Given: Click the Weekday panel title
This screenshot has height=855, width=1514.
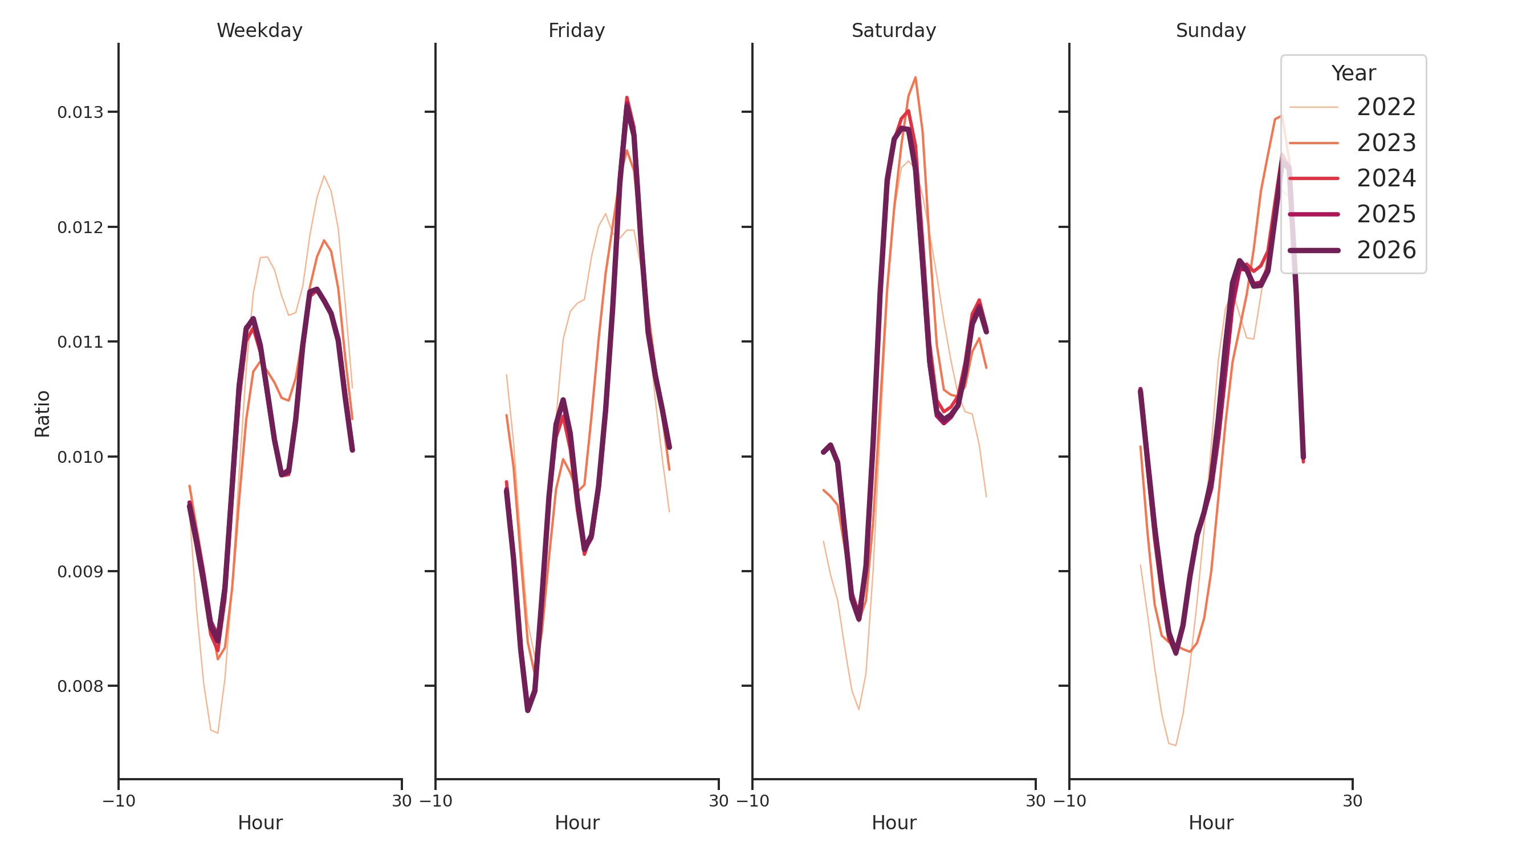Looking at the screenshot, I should [x=259, y=31].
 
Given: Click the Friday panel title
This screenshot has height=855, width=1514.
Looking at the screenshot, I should [x=576, y=31].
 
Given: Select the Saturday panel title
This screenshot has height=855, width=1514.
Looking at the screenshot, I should [x=893, y=31].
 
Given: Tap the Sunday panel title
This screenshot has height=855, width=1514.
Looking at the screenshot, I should [x=1210, y=31].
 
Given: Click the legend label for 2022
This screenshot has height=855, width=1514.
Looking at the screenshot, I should [x=1385, y=108].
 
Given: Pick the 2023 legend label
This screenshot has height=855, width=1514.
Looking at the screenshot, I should [x=1385, y=144].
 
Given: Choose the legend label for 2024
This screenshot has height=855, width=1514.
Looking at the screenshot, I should [x=1385, y=178].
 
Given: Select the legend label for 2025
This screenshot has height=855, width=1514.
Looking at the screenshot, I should [x=1385, y=214].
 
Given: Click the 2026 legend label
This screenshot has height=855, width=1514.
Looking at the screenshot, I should [x=1385, y=251].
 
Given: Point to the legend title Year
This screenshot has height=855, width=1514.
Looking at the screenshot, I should [x=1353, y=74].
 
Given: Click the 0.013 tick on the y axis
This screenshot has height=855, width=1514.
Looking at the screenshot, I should [x=80, y=112].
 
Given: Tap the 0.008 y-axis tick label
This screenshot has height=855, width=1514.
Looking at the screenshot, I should [x=80, y=686].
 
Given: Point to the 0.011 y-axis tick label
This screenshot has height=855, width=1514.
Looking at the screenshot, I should [x=80, y=342].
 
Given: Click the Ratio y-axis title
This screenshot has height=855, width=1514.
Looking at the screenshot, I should [x=42, y=414].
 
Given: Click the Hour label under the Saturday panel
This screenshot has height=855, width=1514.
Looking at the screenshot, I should [x=893, y=823].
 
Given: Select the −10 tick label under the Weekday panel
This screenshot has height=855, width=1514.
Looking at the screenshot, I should [x=119, y=801].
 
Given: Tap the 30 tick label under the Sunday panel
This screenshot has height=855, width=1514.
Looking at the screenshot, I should [x=1352, y=801].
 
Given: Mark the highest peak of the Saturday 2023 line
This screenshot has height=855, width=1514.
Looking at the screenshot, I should [x=915, y=78].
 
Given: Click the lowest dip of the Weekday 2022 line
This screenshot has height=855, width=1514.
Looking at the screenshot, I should [x=217, y=733].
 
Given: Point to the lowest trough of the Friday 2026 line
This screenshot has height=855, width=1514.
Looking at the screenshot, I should [x=528, y=710].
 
